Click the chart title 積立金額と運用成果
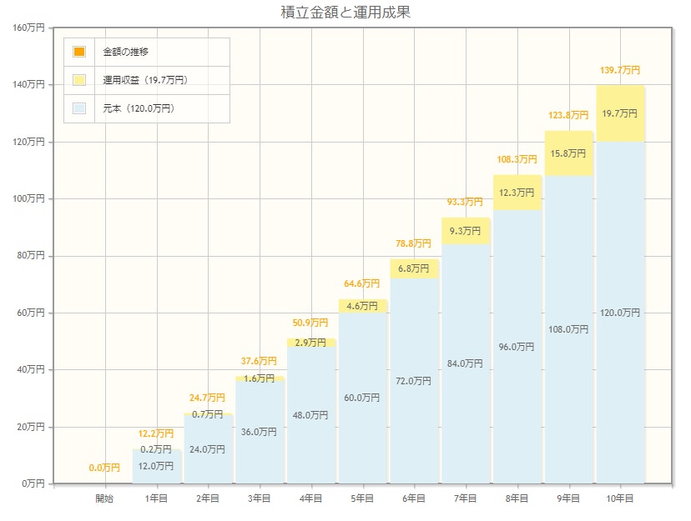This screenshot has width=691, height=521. (x=345, y=13)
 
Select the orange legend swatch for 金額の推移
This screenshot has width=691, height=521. (x=79, y=52)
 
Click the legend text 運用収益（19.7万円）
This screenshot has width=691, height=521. (x=145, y=80)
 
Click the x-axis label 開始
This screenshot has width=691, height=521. (x=104, y=498)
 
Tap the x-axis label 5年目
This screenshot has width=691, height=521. (x=362, y=498)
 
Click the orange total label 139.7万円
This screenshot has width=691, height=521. (x=620, y=70)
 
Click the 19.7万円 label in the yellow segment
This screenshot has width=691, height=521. (x=620, y=113)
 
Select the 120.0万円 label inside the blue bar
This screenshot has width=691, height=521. (x=620, y=313)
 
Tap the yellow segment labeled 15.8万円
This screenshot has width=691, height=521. (x=568, y=153)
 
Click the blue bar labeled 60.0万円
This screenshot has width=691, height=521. (x=362, y=398)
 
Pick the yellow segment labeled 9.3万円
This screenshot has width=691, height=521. (x=466, y=231)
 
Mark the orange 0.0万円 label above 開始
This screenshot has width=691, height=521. (x=104, y=468)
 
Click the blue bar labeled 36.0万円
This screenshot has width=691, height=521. (x=260, y=432)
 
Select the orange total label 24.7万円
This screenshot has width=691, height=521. (x=208, y=398)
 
